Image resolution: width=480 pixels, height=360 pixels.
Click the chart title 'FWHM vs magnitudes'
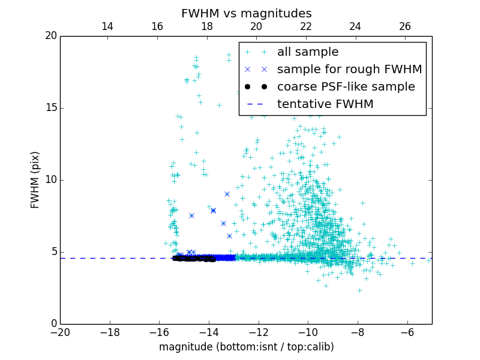click(246, 13)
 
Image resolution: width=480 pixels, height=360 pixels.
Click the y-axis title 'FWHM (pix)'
click(35, 179)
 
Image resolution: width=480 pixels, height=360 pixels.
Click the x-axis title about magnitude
click(246, 347)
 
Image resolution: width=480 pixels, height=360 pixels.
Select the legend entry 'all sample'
click(307, 52)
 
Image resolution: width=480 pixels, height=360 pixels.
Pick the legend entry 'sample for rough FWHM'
click(349, 69)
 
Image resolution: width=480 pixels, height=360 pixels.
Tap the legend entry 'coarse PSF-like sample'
click(346, 86)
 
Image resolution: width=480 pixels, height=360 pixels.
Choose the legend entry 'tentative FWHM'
click(325, 104)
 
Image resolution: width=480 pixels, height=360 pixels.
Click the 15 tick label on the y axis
click(50, 108)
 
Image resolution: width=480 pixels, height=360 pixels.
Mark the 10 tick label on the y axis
click(50, 180)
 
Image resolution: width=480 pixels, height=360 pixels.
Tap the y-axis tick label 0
click(53, 324)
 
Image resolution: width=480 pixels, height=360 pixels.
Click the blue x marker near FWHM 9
click(227, 194)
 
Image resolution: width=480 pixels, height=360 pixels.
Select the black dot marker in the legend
click(256, 86)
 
